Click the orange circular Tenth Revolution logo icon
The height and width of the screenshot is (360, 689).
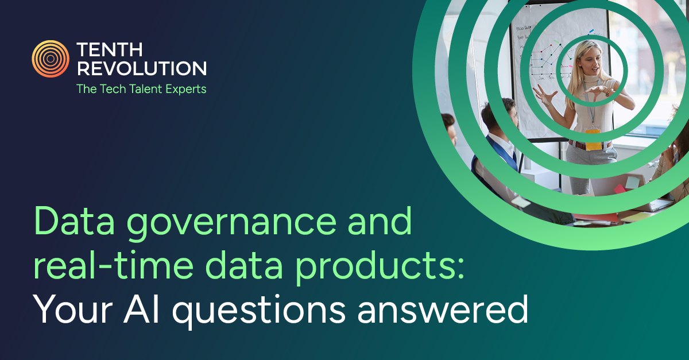[x=51, y=59]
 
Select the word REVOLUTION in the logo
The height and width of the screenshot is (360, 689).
[x=141, y=69]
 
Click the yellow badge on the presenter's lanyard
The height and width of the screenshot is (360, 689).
[x=593, y=138]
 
